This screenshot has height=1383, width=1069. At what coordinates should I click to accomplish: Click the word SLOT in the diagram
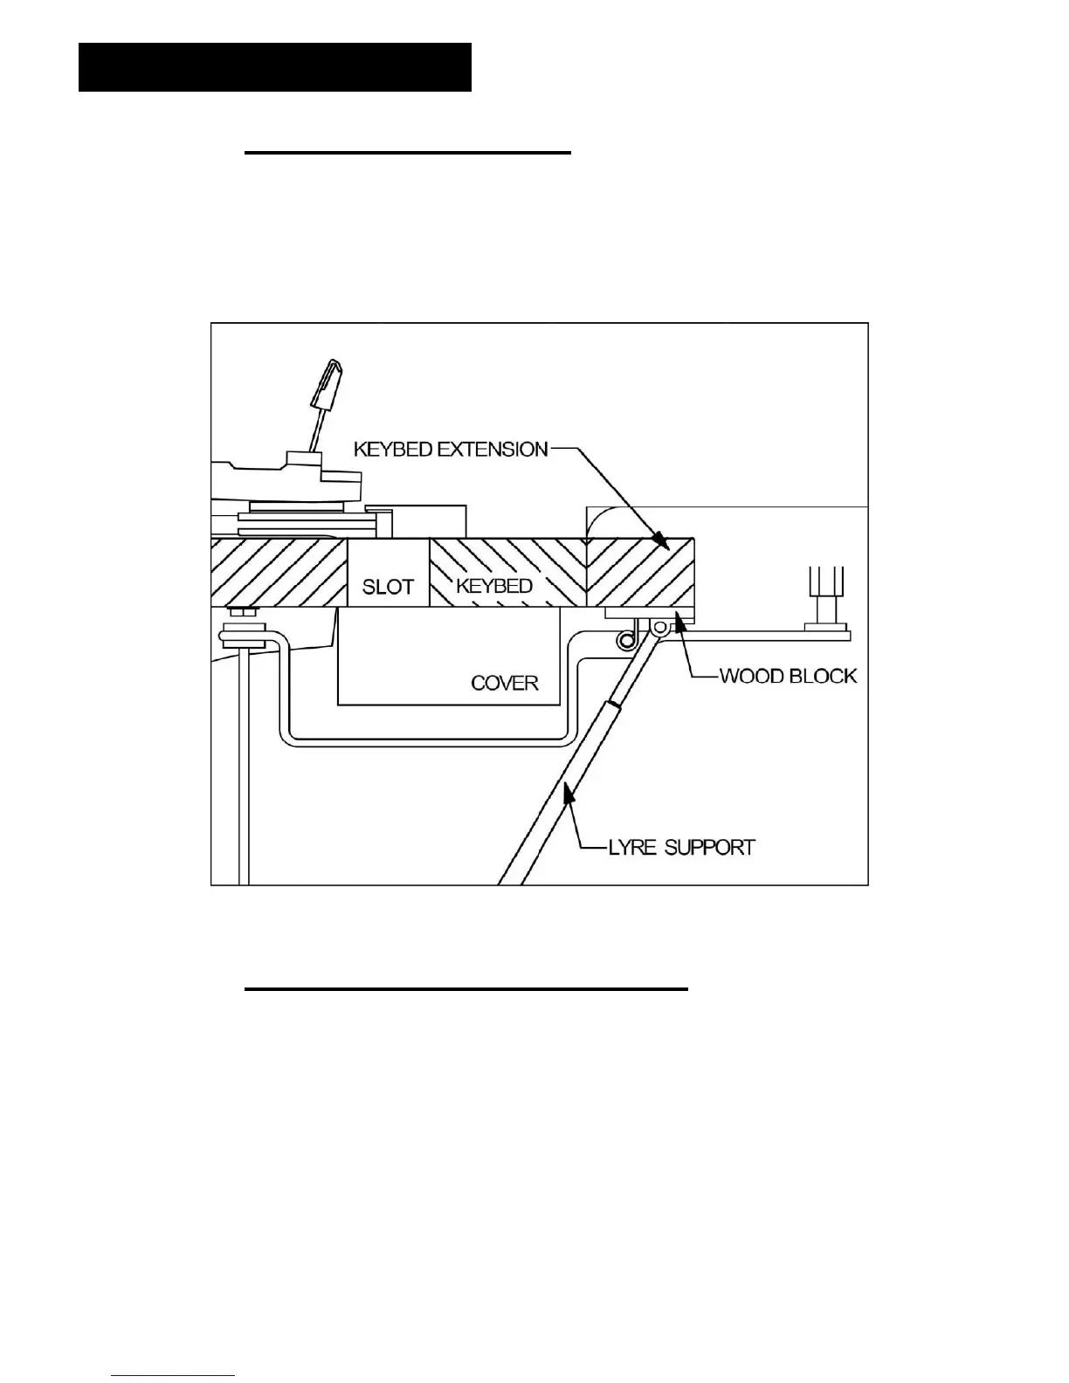[388, 586]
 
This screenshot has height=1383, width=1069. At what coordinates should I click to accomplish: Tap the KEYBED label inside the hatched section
[494, 586]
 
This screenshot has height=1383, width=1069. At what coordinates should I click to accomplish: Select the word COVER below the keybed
[505, 683]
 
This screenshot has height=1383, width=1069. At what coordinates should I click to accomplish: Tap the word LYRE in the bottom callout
[631, 847]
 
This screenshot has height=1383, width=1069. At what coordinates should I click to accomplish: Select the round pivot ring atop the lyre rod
[660, 625]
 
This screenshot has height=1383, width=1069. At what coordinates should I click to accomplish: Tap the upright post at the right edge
[825, 595]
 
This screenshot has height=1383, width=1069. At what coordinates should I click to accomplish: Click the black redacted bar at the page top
[275, 67]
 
